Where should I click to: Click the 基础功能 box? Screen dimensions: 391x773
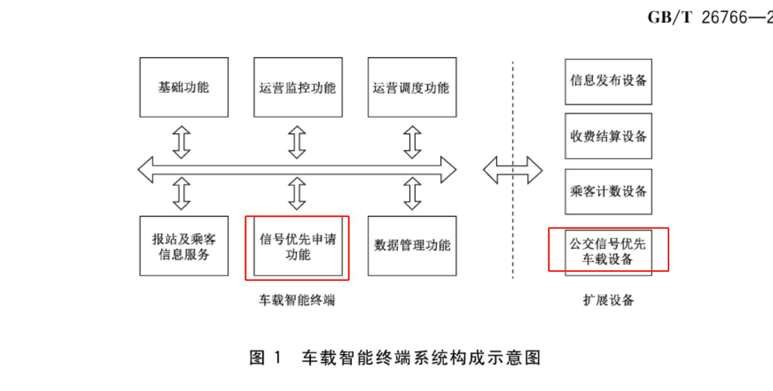(184, 87)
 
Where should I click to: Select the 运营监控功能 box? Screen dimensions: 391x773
(298, 87)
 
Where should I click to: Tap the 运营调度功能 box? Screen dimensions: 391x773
(412, 87)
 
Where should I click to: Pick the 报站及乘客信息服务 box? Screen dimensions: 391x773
(184, 246)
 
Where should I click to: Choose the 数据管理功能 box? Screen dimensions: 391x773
(412, 246)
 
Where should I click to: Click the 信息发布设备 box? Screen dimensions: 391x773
(608, 81)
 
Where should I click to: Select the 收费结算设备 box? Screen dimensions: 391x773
(608, 136)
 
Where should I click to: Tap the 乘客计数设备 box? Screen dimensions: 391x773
(608, 192)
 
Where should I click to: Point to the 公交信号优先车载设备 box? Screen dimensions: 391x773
(608, 251)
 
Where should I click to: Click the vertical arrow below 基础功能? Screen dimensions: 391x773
(182, 142)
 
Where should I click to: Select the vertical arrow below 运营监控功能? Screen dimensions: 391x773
(297, 142)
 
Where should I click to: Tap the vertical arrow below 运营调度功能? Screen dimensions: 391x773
(412, 142)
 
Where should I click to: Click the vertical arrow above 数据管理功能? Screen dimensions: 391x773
(412, 193)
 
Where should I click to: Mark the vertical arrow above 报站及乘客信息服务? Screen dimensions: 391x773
(182, 193)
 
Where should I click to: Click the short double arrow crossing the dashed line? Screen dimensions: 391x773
(512, 171)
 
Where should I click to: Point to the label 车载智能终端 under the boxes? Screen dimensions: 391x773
(297, 301)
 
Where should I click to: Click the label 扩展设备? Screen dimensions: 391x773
(608, 301)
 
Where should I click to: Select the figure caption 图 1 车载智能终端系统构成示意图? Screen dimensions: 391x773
(395, 357)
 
